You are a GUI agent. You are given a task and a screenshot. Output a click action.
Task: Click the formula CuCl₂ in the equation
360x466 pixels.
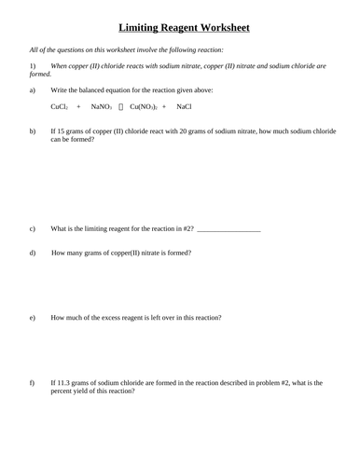pos(59,108)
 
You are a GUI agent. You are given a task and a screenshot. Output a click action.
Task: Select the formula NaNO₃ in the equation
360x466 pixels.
pos(102,108)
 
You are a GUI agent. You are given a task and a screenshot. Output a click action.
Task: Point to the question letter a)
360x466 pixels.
pos(33,90)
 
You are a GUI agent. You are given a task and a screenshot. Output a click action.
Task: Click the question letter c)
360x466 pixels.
pos(33,228)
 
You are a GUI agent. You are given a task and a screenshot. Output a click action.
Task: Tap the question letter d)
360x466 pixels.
pos(33,253)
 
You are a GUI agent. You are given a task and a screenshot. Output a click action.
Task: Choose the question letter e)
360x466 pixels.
pos(33,318)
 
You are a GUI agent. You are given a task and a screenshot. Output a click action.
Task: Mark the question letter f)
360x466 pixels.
pos(33,383)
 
